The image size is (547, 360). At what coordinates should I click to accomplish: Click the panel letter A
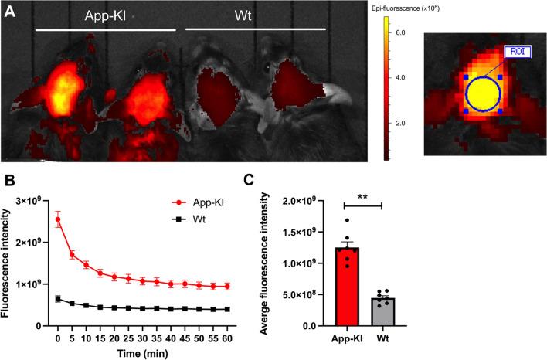pos(10,15)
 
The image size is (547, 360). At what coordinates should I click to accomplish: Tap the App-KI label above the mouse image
pos(108,16)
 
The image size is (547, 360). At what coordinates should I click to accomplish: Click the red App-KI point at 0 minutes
pos(57,219)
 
